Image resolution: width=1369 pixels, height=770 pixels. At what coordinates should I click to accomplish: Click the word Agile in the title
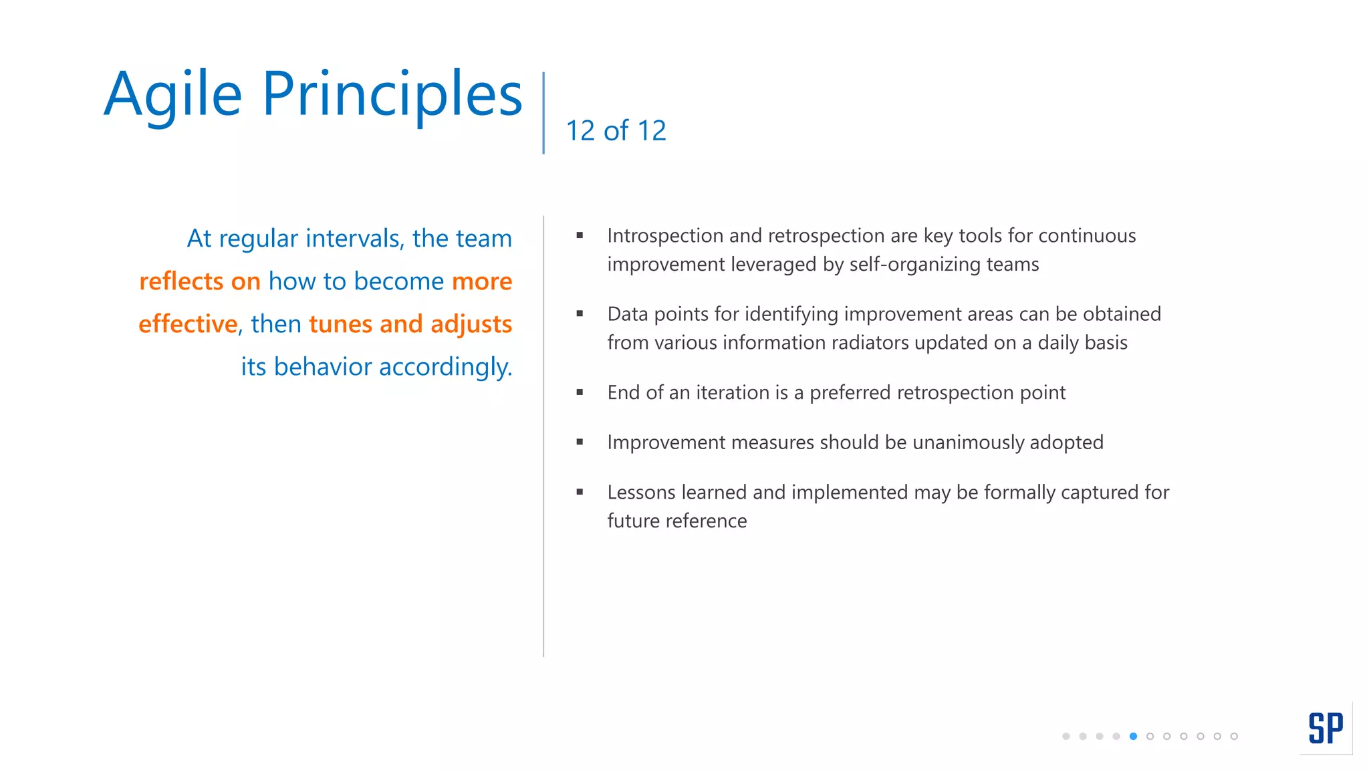tap(172, 95)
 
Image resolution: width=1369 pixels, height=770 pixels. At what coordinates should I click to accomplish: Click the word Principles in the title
tap(392, 95)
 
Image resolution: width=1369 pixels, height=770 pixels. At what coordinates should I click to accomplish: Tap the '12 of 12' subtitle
tap(616, 130)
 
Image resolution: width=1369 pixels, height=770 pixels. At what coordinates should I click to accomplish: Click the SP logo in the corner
tap(1325, 728)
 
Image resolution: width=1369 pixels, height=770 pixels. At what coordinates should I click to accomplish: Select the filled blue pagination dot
tap(1133, 736)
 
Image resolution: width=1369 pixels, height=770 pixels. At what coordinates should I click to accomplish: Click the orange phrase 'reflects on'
tap(199, 281)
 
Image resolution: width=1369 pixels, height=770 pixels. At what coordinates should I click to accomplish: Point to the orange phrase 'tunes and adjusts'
tap(410, 324)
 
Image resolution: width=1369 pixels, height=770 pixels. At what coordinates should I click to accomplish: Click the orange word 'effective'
tap(188, 324)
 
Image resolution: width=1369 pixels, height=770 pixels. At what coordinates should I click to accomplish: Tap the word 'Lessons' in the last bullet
tap(641, 493)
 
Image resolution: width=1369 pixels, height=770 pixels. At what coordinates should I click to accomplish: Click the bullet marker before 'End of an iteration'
tap(580, 392)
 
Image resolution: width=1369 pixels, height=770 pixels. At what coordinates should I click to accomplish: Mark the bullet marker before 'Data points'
tap(580, 313)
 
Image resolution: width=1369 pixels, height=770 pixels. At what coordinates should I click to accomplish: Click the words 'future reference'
tap(676, 521)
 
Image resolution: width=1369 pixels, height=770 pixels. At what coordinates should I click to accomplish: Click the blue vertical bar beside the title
tap(543, 112)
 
